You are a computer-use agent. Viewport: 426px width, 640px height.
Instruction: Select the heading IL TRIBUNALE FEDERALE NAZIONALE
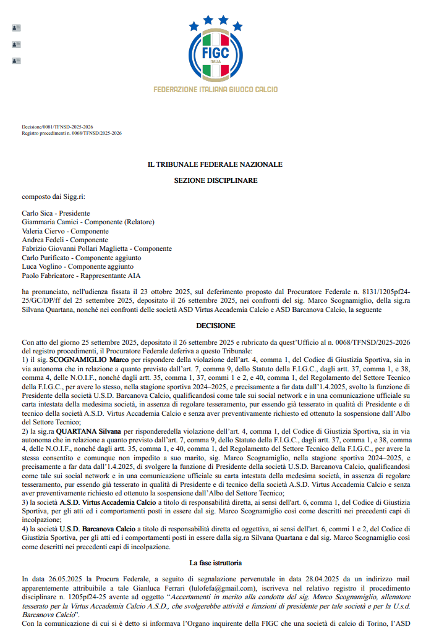tap(215, 164)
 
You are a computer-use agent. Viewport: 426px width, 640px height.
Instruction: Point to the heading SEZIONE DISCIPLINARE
tap(215, 180)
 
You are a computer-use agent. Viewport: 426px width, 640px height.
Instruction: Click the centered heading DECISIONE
tap(215, 325)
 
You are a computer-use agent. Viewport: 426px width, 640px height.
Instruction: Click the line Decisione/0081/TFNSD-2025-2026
tap(58, 127)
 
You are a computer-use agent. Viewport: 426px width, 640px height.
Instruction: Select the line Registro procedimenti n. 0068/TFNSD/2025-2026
tap(72, 133)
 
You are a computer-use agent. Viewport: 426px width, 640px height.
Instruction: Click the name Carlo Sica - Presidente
tap(56, 213)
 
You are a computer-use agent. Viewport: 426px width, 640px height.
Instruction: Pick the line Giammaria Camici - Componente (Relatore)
tap(88, 222)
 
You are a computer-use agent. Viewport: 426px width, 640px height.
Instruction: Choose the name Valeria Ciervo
tap(45, 231)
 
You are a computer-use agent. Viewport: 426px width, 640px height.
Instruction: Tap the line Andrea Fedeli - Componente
tap(65, 240)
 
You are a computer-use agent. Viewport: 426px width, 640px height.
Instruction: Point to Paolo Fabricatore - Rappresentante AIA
tap(81, 276)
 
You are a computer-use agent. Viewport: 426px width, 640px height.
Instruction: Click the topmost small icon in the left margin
tap(16, 28)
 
